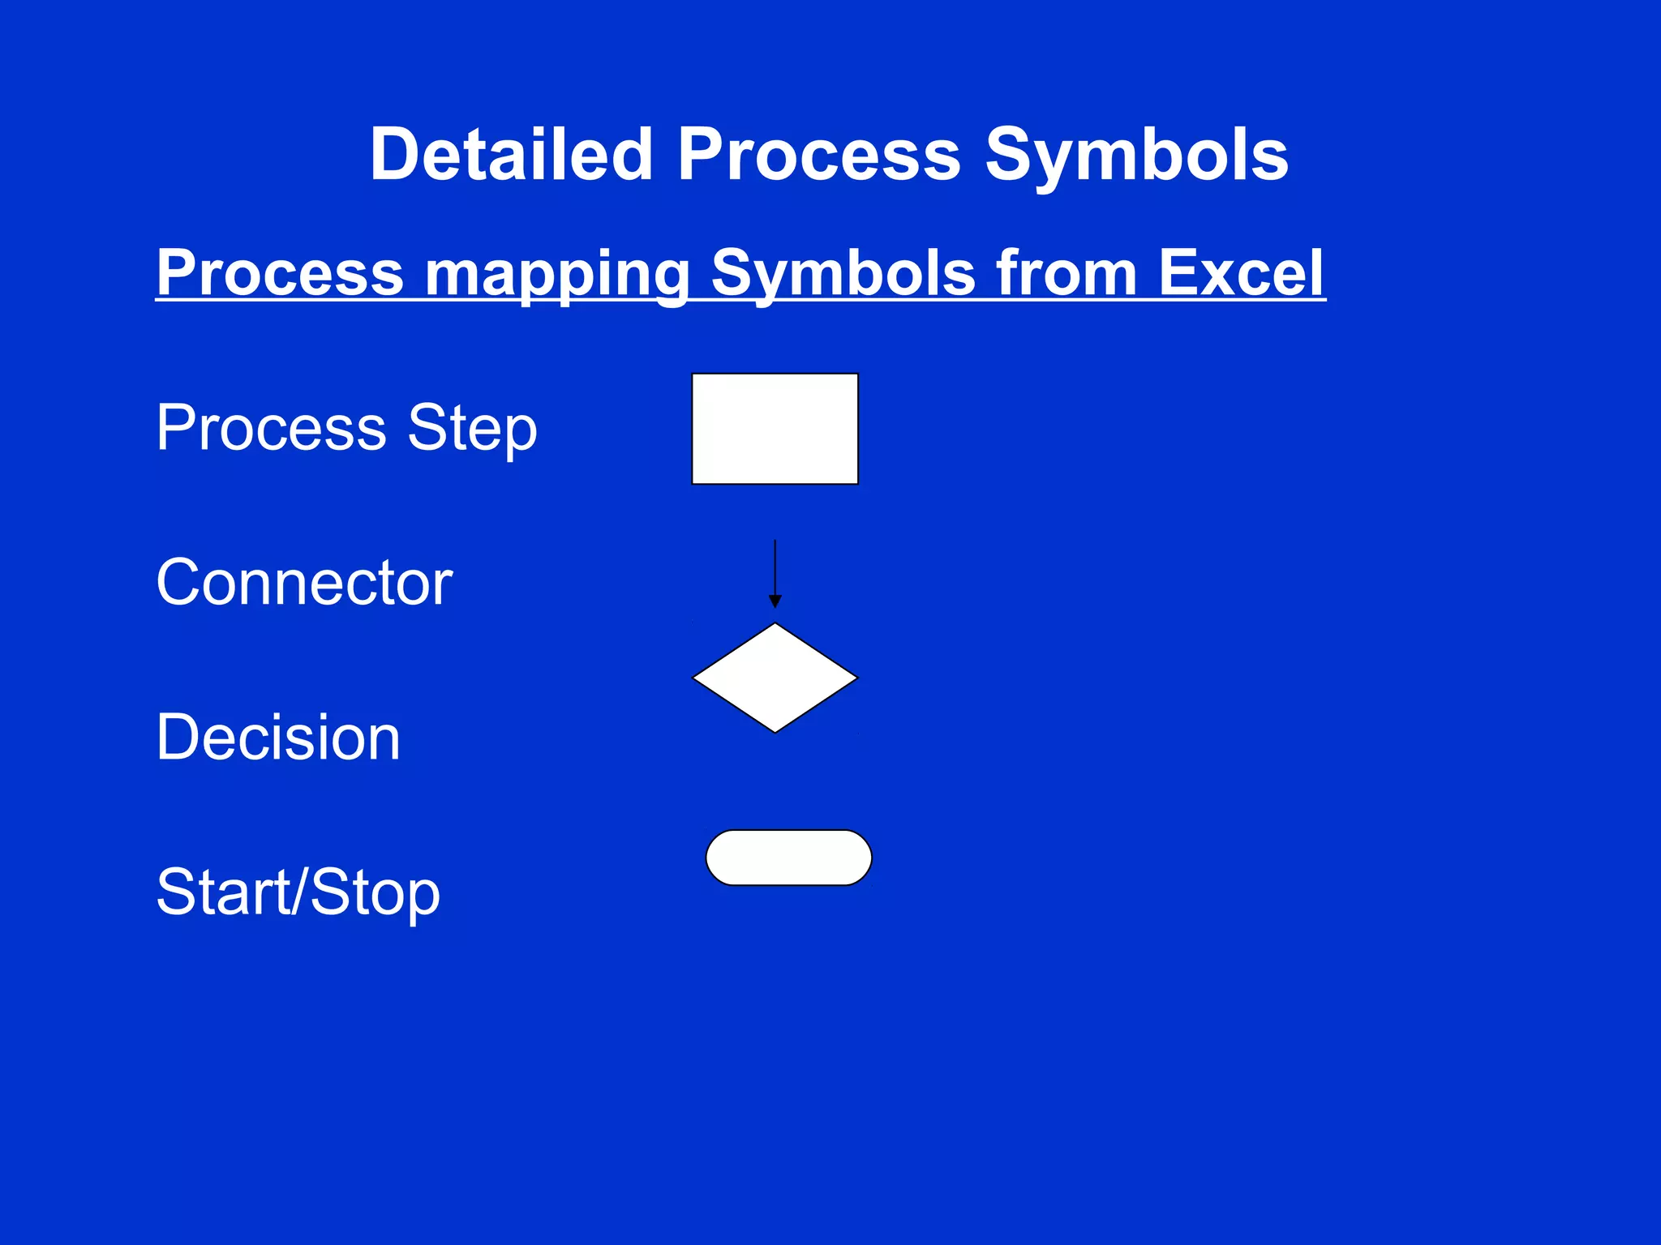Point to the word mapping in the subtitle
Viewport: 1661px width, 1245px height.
pyautogui.click(x=556, y=274)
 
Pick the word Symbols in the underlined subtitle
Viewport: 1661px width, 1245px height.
pyautogui.click(x=843, y=274)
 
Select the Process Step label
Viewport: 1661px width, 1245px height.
pyautogui.click(x=346, y=427)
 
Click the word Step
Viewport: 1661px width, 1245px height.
pyautogui.click(x=472, y=429)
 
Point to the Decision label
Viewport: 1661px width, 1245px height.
pyautogui.click(x=278, y=737)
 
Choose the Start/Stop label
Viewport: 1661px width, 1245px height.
pyautogui.click(x=298, y=892)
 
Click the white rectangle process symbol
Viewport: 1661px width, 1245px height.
pyautogui.click(x=775, y=429)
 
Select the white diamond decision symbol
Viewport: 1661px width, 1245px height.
pyautogui.click(x=775, y=678)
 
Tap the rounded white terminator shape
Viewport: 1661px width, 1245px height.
pyautogui.click(x=788, y=858)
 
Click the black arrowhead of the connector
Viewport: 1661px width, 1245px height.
pyautogui.click(x=775, y=601)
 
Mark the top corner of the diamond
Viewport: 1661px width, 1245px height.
pyautogui.click(x=775, y=625)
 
